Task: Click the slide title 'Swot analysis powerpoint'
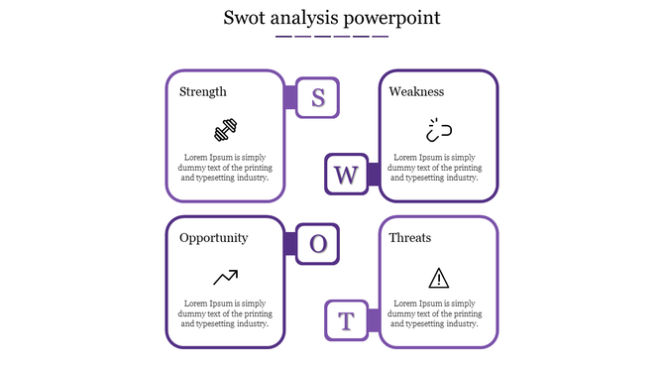pyautogui.click(x=332, y=18)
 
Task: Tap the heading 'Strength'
pyautogui.click(x=203, y=92)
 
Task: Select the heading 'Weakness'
pyautogui.click(x=416, y=92)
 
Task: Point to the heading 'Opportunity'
pyautogui.click(x=214, y=238)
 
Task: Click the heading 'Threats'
pyautogui.click(x=410, y=238)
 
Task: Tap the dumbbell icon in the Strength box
pyautogui.click(x=226, y=130)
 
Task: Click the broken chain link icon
pyautogui.click(x=438, y=130)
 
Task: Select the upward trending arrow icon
pyautogui.click(x=225, y=277)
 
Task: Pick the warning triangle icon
pyautogui.click(x=438, y=277)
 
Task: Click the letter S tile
pyautogui.click(x=318, y=97)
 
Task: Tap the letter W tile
pyautogui.click(x=346, y=176)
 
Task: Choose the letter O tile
pyautogui.click(x=318, y=244)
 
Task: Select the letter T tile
pyautogui.click(x=346, y=321)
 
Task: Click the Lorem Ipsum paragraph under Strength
pyautogui.click(x=225, y=168)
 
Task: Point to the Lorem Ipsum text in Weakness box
pyautogui.click(x=438, y=168)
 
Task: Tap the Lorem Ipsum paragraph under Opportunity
pyautogui.click(x=225, y=313)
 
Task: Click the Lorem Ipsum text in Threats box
pyautogui.click(x=438, y=313)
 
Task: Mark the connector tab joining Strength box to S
pyautogui.click(x=290, y=97)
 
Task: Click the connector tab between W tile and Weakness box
pyautogui.click(x=374, y=176)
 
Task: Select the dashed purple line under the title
pyautogui.click(x=332, y=37)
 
